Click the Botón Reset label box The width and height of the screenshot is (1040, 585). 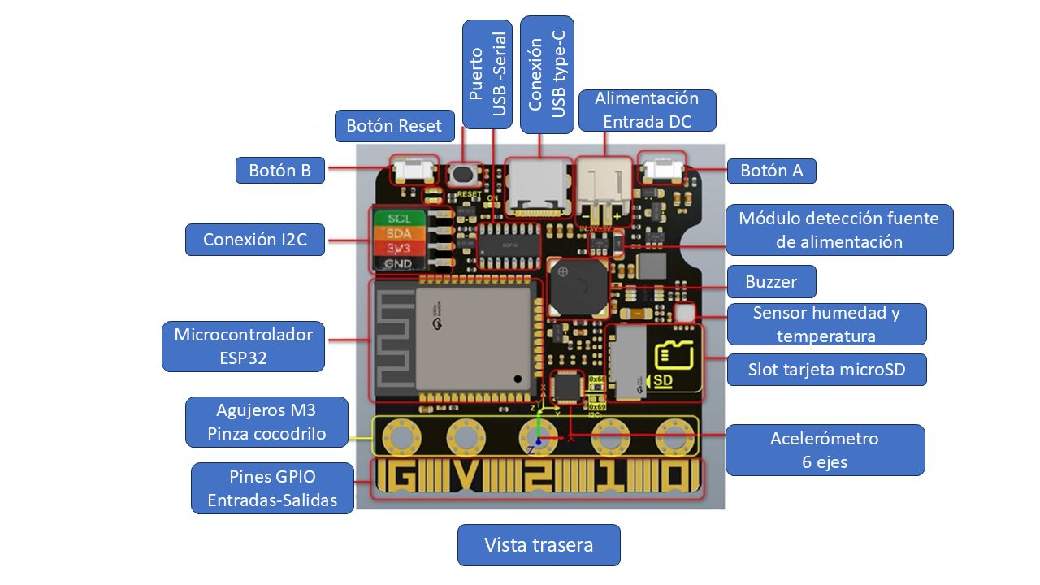(x=394, y=126)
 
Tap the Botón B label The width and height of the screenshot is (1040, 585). (x=280, y=171)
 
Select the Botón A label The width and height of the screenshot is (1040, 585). (x=771, y=171)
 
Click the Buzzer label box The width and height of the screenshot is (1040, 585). (x=771, y=282)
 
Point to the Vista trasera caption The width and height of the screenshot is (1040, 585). (x=539, y=545)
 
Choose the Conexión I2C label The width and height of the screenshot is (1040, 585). (x=255, y=240)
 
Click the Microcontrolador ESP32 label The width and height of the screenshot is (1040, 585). (x=243, y=346)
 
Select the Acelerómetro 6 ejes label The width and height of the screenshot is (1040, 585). (x=825, y=449)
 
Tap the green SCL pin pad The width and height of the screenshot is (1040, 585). (x=400, y=219)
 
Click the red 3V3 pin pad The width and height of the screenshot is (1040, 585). (x=400, y=249)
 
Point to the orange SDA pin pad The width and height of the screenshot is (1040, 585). (x=400, y=234)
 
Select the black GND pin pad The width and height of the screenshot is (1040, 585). (x=400, y=264)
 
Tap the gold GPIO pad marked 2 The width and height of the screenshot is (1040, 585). (x=536, y=479)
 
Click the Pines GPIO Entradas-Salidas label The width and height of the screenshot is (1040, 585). (x=272, y=488)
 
